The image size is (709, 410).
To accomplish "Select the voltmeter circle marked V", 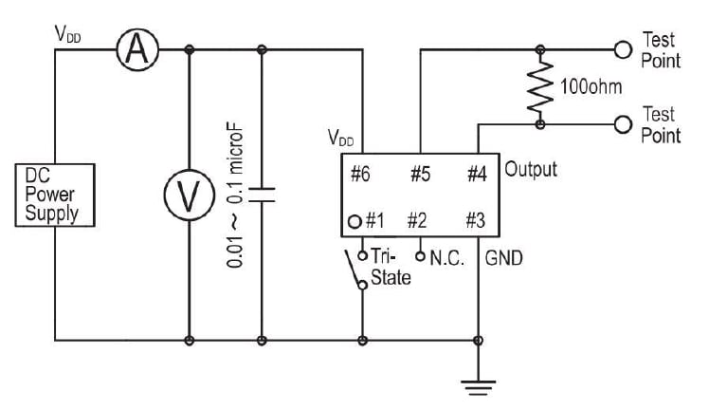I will point(191,196).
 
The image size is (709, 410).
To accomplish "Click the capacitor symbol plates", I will point(262,195).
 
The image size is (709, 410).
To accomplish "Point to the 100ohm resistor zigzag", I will point(540,86).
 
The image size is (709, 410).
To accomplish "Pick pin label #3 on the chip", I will point(476,221).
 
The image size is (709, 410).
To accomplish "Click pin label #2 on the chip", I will point(418,221).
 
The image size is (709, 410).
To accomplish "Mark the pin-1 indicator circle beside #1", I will point(354,222).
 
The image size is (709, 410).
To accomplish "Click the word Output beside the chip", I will point(531,170).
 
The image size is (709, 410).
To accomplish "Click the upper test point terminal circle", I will point(623,49).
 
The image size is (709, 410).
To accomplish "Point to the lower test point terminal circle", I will point(623,123).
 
